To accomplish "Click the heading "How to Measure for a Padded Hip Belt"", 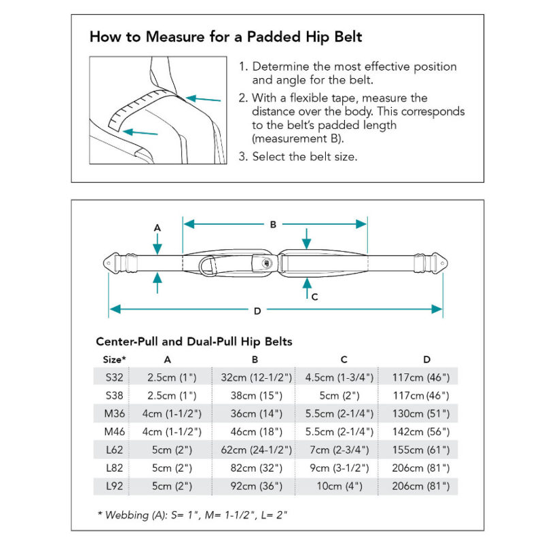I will tap(225, 37).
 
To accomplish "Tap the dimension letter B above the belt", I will tap(273, 224).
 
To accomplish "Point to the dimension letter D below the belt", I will tap(257, 311).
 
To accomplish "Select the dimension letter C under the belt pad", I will tap(314, 296).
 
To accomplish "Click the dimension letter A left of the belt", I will tap(158, 228).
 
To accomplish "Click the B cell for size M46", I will tap(255, 432).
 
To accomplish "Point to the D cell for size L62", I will tap(421, 449).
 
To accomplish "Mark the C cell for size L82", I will tap(344, 468).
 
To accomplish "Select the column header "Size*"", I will tap(115, 359).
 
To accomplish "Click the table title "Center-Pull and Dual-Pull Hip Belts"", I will tap(194, 341).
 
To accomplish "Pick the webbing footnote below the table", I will tap(193, 515).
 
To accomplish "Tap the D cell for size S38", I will tap(421, 395).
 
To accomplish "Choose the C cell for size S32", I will tap(344, 377).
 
